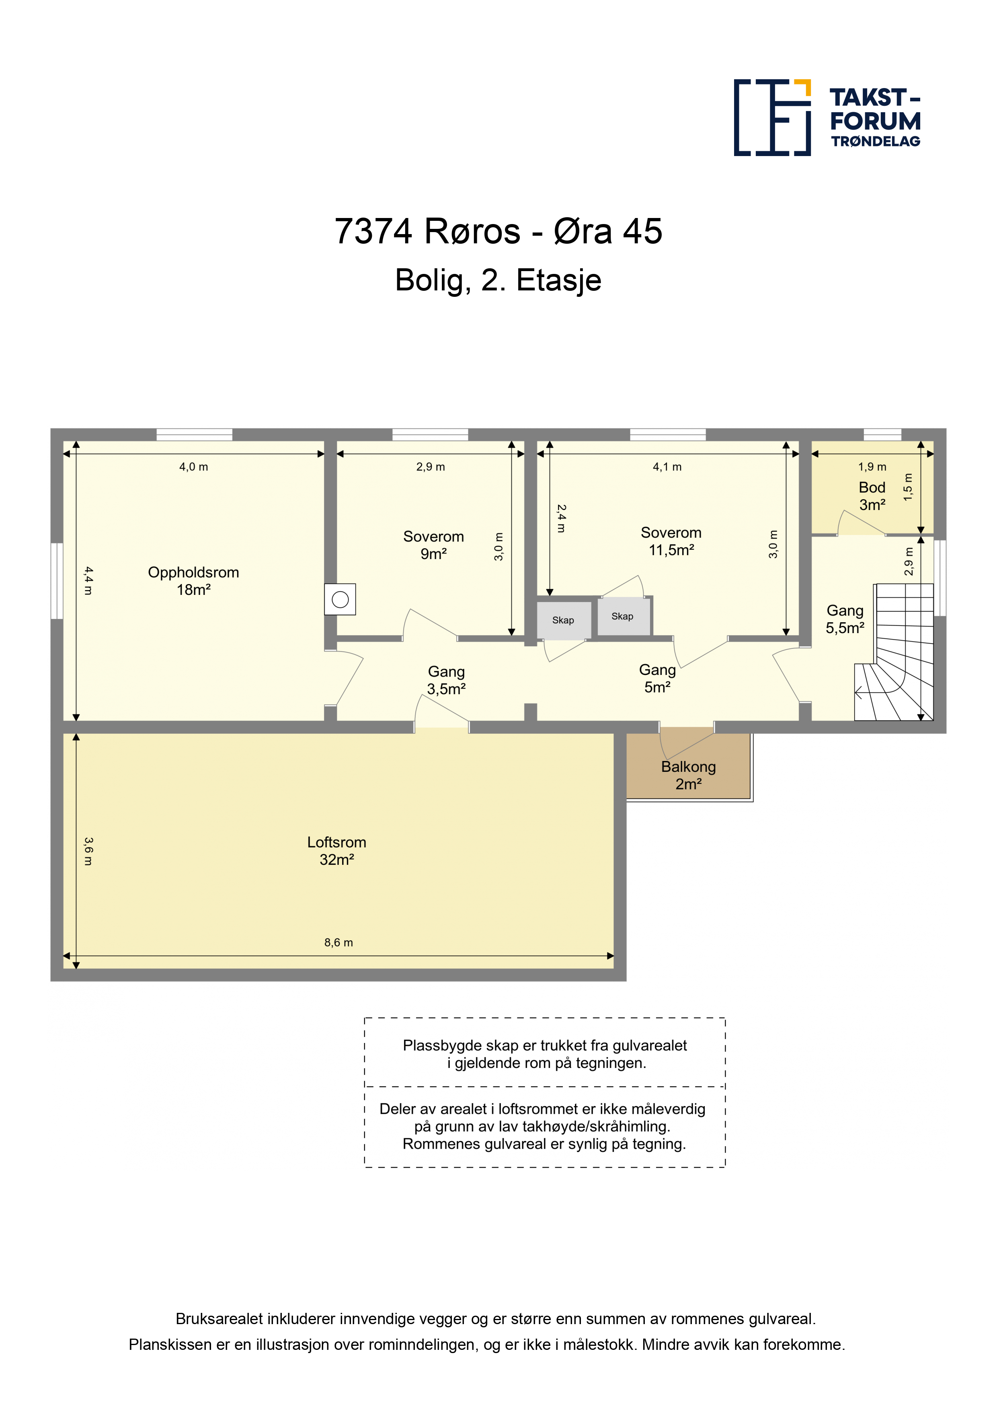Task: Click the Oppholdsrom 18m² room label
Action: (x=193, y=581)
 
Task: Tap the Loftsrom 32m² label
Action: (x=336, y=851)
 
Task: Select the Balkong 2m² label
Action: (x=689, y=775)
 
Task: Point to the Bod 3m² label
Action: (x=872, y=496)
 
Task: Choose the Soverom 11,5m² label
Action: (x=671, y=541)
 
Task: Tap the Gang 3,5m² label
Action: (x=447, y=680)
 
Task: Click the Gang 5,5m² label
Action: (x=845, y=619)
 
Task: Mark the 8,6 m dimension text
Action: (x=338, y=943)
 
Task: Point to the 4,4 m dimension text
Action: (x=88, y=581)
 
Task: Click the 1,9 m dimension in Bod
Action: (x=872, y=467)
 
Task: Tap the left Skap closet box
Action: (x=563, y=621)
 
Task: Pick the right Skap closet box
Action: (x=623, y=616)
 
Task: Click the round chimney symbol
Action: (x=341, y=599)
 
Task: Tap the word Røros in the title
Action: (x=472, y=232)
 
